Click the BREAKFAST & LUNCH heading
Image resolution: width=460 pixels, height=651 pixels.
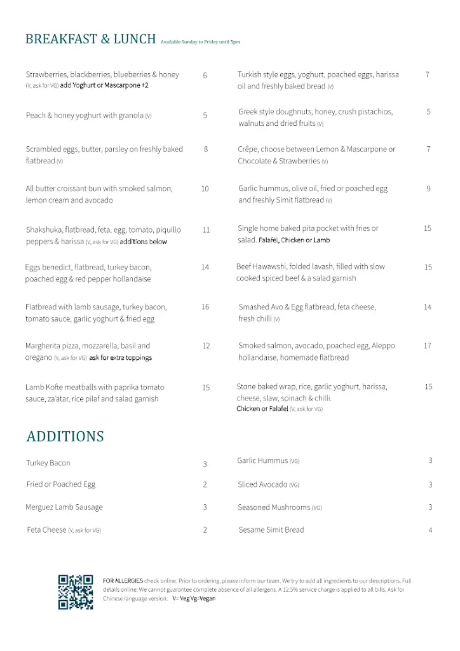pos(90,39)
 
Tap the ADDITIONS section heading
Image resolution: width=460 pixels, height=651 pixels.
pos(65,437)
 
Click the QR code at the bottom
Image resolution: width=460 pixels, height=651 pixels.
pos(76,592)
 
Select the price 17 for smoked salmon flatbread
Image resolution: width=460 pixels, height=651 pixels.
pos(428,346)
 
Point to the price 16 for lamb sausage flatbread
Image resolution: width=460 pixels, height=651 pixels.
pos(205,307)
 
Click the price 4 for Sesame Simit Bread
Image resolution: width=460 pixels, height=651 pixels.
pos(430,530)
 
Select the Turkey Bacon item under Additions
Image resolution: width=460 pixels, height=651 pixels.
pos(48,463)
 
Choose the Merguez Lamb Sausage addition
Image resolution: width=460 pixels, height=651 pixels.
pos(64,507)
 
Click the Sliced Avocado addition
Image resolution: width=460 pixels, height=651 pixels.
pos(262,484)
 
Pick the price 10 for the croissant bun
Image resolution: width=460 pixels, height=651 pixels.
pos(205,189)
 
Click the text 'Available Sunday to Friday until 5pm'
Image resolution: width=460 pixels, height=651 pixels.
pos(200,42)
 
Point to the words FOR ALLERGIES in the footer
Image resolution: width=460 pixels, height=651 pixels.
pos(123,580)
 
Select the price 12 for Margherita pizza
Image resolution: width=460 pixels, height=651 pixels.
pos(206,346)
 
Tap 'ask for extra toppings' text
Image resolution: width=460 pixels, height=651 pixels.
pos(121,358)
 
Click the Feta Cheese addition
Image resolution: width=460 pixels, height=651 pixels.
pos(46,530)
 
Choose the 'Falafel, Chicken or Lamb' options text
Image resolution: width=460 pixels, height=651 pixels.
pos(294,240)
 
